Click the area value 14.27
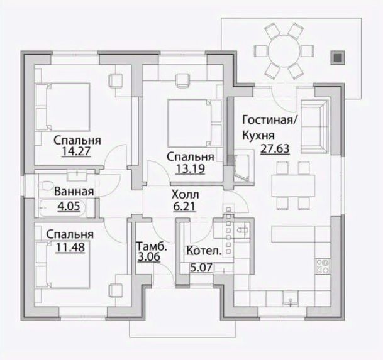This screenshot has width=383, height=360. (76, 151)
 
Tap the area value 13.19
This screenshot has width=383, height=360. (190, 168)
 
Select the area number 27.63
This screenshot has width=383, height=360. (275, 149)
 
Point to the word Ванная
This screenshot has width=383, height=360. (74, 192)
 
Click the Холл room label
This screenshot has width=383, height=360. (186, 195)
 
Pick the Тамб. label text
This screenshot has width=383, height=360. (152, 246)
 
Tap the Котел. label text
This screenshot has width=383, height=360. (204, 251)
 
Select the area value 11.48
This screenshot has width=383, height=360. (70, 247)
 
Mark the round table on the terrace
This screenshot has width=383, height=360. (284, 51)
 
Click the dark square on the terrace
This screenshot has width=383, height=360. (338, 58)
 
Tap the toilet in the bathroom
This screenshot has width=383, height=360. (45, 185)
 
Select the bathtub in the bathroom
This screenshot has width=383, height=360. (63, 208)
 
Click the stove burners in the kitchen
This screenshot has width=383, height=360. (323, 266)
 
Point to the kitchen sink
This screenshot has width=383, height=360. (291, 298)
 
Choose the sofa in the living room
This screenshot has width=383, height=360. (314, 126)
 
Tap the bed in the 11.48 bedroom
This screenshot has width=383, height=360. (63, 265)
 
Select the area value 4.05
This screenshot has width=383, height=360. (69, 207)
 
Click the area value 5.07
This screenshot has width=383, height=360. (201, 268)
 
